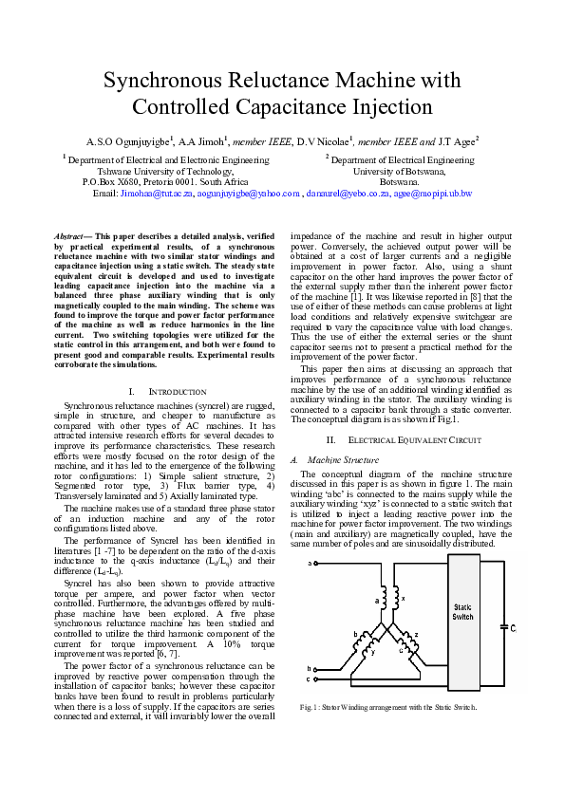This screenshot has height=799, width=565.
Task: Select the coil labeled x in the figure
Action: pyautogui.click(x=395, y=600)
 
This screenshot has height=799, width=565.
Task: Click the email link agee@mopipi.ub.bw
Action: pyautogui.click(x=433, y=193)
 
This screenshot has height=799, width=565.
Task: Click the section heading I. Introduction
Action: pyautogui.click(x=166, y=391)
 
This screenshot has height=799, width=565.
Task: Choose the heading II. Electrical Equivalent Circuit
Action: pyautogui.click(x=398, y=440)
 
